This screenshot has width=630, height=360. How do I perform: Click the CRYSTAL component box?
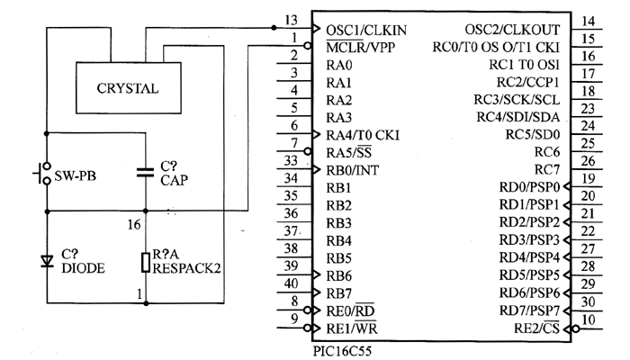tap(129, 86)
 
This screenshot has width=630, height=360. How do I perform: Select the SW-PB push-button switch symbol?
tap(41, 175)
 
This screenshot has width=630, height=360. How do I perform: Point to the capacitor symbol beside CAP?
tap(144, 174)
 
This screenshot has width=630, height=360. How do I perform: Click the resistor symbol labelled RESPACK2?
tap(144, 262)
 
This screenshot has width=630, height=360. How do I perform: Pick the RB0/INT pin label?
tap(352, 170)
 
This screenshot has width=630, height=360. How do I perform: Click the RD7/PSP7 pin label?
tap(530, 310)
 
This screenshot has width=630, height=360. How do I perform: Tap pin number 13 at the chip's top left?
tap(290, 20)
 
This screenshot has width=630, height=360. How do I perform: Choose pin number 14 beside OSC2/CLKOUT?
tap(589, 21)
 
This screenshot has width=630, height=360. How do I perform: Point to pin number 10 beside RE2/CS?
tap(589, 319)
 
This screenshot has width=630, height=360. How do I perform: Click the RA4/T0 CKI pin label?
tap(363, 135)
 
